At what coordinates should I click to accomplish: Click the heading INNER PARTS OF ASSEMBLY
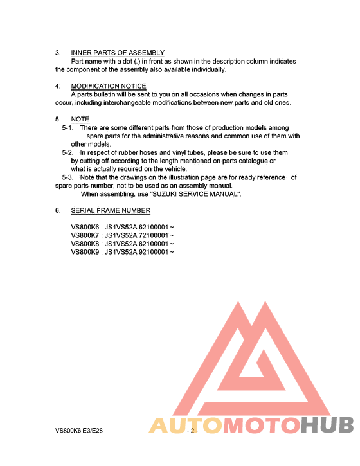pos(118,53)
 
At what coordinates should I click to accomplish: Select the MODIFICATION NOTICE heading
pos(109,86)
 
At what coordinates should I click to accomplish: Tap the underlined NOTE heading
pos(80,120)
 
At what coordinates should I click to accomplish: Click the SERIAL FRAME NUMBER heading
pos(111,210)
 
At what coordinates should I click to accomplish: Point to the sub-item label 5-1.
pos(67,128)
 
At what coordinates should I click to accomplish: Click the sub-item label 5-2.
pos(67,153)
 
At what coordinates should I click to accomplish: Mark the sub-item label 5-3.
pos(67,177)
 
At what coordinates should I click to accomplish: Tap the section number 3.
pos(58,53)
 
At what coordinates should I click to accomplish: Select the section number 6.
pos(58,210)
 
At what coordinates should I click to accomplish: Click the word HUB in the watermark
pos(328,426)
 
